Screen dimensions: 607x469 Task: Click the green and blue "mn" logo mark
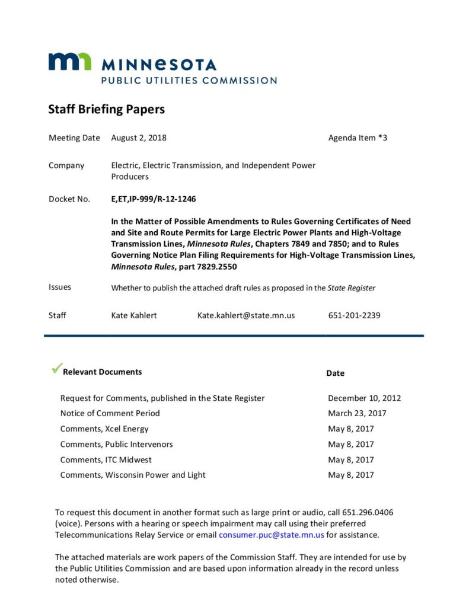coord(70,62)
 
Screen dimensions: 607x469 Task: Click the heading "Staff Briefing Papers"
coord(106,110)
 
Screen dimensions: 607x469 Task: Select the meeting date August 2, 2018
coord(139,138)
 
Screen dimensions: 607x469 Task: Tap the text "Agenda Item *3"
coord(358,138)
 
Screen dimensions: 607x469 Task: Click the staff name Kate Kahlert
coord(134,315)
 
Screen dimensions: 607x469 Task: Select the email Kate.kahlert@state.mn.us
coord(246,315)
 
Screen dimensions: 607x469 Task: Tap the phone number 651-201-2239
coord(354,315)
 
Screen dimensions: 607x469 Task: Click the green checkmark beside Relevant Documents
coord(56,369)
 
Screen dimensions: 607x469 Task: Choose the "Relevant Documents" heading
coord(103,372)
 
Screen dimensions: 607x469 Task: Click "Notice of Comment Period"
coord(110,413)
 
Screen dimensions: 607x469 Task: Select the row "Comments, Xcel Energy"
coord(104,429)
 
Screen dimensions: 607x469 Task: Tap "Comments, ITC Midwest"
coord(106,459)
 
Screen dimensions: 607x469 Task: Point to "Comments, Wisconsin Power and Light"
coord(133,475)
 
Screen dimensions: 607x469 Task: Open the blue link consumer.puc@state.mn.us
coord(271,535)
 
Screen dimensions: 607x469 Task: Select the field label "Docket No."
coord(69,199)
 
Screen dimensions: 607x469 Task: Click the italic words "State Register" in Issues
coord(352,288)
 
